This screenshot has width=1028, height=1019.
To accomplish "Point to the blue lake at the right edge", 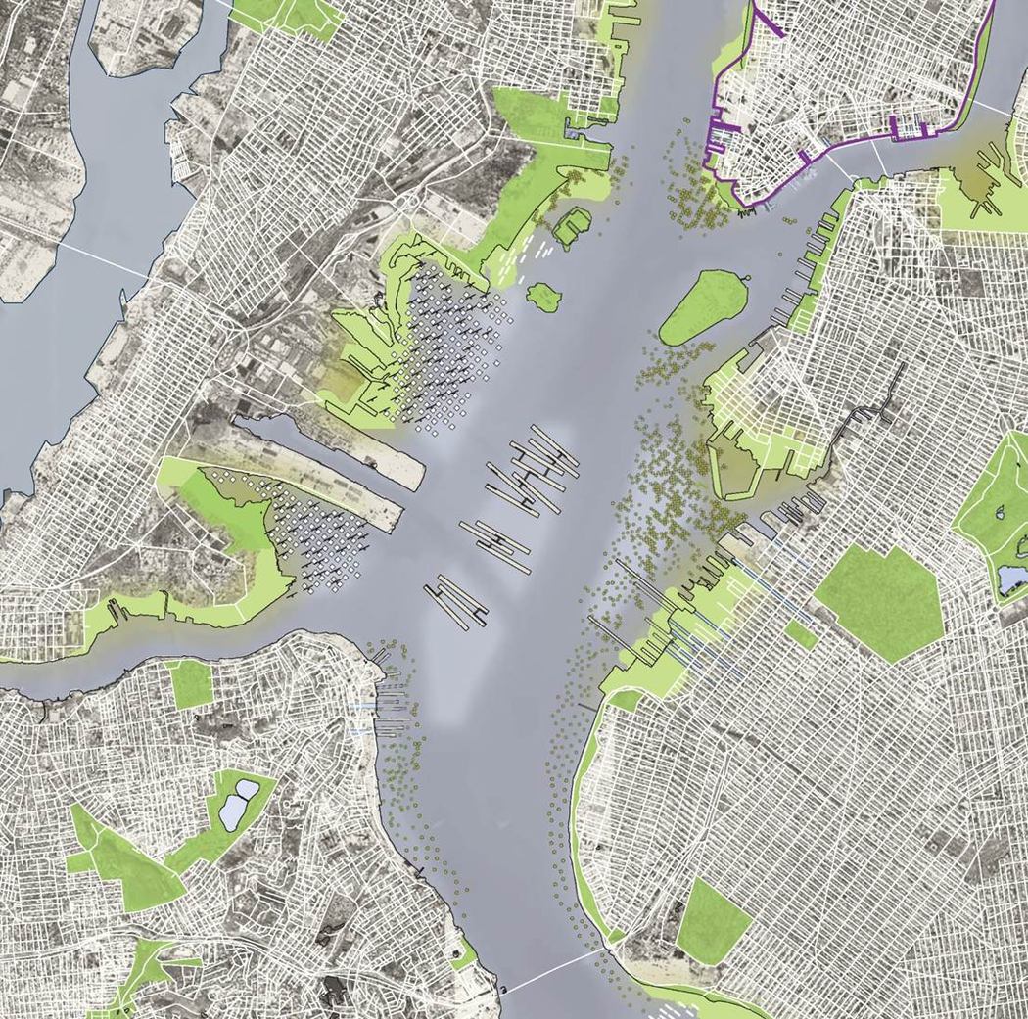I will pyautogui.click(x=1009, y=579).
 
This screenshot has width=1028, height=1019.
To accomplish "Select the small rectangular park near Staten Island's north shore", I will pyautogui.click(x=191, y=683).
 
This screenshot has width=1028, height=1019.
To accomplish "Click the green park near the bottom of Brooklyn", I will pyautogui.click(x=712, y=919).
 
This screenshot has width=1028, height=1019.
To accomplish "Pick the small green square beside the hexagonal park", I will pyautogui.click(x=802, y=635).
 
